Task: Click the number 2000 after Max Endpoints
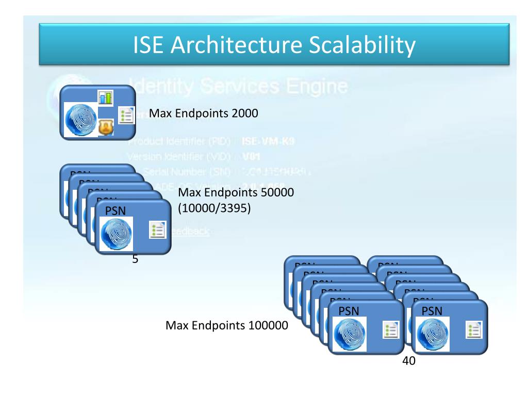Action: tap(239, 113)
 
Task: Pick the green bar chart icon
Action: tap(106, 97)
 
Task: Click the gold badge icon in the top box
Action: tap(106, 126)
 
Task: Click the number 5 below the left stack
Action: tap(135, 259)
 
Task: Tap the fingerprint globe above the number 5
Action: tap(117, 233)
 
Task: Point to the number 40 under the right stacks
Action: tap(409, 362)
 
